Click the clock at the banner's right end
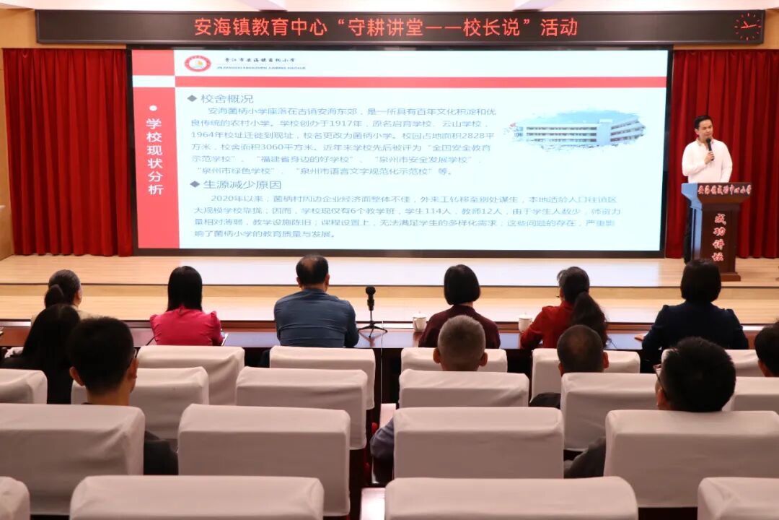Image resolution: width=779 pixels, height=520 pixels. [747, 27]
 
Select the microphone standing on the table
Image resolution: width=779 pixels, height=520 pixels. [370, 296]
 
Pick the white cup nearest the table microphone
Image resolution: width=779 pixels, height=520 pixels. [419, 322]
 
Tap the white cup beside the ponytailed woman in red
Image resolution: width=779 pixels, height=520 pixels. [524, 323]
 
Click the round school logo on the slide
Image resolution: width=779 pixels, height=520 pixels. [197, 64]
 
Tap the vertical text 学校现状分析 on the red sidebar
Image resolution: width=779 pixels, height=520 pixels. [154, 156]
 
